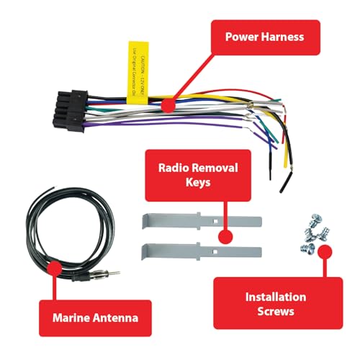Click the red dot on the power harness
click(168, 105)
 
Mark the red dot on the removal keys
click(225, 235)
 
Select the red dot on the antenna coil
click(53, 267)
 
